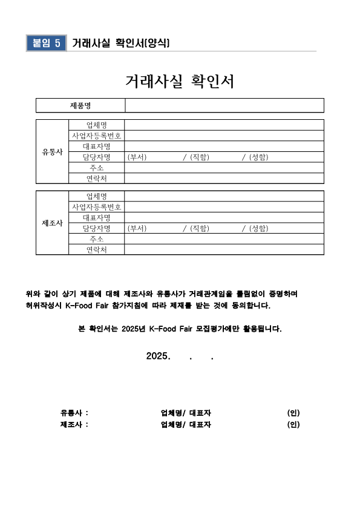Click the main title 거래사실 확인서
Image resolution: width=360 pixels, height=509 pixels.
click(180, 82)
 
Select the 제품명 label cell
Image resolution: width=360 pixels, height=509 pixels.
click(80, 106)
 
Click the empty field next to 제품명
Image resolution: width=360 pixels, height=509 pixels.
click(224, 106)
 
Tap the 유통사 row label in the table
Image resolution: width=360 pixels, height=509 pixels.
click(52, 152)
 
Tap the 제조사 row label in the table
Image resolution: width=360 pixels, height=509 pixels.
click(52, 223)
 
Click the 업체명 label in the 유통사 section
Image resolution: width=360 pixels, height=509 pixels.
click(97, 125)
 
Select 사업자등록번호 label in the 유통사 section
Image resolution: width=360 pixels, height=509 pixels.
click(97, 136)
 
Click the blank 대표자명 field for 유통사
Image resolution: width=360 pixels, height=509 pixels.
click(224, 146)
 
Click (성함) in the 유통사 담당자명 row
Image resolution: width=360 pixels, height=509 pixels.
click(258, 157)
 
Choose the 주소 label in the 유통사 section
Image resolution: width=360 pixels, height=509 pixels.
click(97, 168)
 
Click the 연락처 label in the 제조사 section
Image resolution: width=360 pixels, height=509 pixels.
click(97, 250)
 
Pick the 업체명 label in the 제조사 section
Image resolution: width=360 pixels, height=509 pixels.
click(97, 196)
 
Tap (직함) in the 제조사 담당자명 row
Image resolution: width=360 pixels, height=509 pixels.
click(199, 228)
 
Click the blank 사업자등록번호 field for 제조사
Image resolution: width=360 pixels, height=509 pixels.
click(224, 206)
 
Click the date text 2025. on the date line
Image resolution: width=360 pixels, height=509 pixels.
click(159, 356)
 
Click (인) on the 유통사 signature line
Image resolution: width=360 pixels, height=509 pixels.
click(293, 413)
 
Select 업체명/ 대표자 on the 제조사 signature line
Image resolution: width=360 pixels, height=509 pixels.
click(186, 424)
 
